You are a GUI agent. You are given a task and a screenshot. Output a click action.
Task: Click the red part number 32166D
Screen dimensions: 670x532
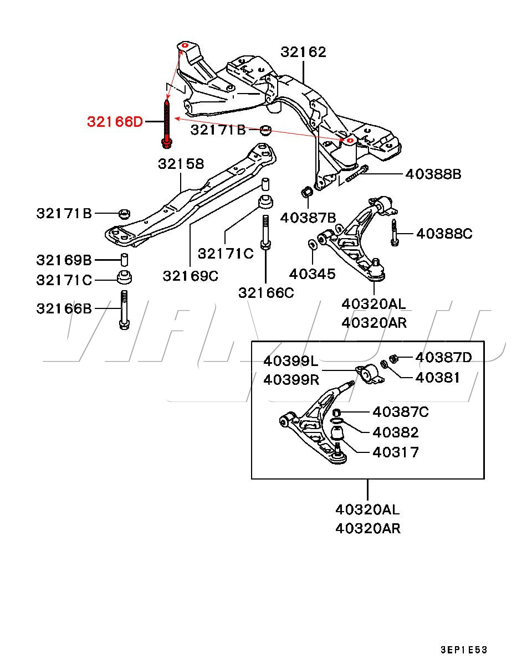(114, 121)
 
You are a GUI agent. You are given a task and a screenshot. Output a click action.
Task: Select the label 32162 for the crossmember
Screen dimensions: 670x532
(303, 52)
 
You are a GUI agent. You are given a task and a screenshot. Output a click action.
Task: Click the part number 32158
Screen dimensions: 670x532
(181, 164)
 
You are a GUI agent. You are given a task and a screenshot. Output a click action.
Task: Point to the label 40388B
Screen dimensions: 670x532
(433, 174)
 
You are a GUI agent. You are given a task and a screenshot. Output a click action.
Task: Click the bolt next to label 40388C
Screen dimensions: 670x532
(395, 233)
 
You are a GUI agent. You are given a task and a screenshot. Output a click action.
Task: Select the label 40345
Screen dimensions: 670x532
(312, 274)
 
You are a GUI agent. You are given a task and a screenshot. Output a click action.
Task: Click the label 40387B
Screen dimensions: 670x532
(308, 218)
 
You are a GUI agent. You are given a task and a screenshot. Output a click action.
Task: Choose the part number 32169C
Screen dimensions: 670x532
(191, 275)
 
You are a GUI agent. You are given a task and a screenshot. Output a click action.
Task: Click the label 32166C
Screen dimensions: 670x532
(266, 292)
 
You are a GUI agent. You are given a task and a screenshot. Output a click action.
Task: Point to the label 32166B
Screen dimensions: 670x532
(64, 308)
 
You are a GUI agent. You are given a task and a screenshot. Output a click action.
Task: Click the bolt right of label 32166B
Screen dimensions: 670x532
(124, 310)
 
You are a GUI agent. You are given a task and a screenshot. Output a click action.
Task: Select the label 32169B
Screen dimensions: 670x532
(64, 260)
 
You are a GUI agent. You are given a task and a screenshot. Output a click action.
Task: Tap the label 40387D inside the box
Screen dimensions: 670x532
(443, 358)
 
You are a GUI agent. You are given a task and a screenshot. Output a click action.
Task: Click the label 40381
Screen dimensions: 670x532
(438, 378)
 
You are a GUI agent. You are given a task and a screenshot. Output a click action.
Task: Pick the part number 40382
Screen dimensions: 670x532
(395, 432)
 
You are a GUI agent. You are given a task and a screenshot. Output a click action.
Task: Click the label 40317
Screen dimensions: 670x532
(395, 452)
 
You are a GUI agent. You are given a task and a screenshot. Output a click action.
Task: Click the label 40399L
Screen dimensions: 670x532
(291, 362)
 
